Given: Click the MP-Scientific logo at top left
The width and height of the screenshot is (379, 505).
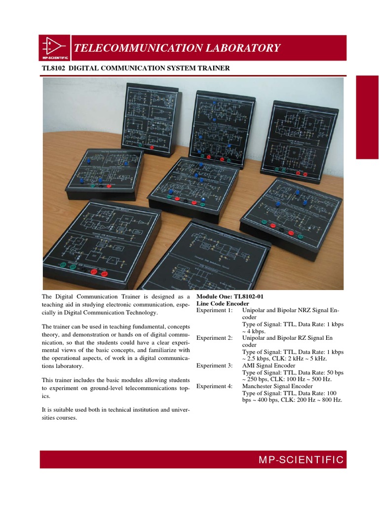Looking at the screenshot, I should point(55,48).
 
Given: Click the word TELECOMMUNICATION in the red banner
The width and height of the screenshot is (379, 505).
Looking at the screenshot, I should point(129,48).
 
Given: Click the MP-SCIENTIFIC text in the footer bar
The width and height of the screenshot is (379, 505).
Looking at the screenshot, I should point(301,460).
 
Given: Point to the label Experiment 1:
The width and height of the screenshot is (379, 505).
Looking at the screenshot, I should point(214,310).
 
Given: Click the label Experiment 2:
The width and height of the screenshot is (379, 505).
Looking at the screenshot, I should point(214,338).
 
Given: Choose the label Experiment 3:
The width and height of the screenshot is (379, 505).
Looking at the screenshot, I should point(214,365).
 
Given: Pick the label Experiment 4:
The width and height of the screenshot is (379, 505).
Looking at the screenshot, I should point(214,386).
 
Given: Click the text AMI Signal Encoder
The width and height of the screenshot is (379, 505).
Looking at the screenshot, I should point(268,365).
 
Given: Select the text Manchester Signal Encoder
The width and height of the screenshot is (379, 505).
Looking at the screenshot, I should point(277,386).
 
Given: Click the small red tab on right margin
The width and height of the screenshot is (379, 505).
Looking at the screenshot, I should point(367,117).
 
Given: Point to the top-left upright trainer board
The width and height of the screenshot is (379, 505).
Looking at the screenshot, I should point(150,117).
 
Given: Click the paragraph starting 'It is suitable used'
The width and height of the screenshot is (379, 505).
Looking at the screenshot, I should point(116,413).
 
